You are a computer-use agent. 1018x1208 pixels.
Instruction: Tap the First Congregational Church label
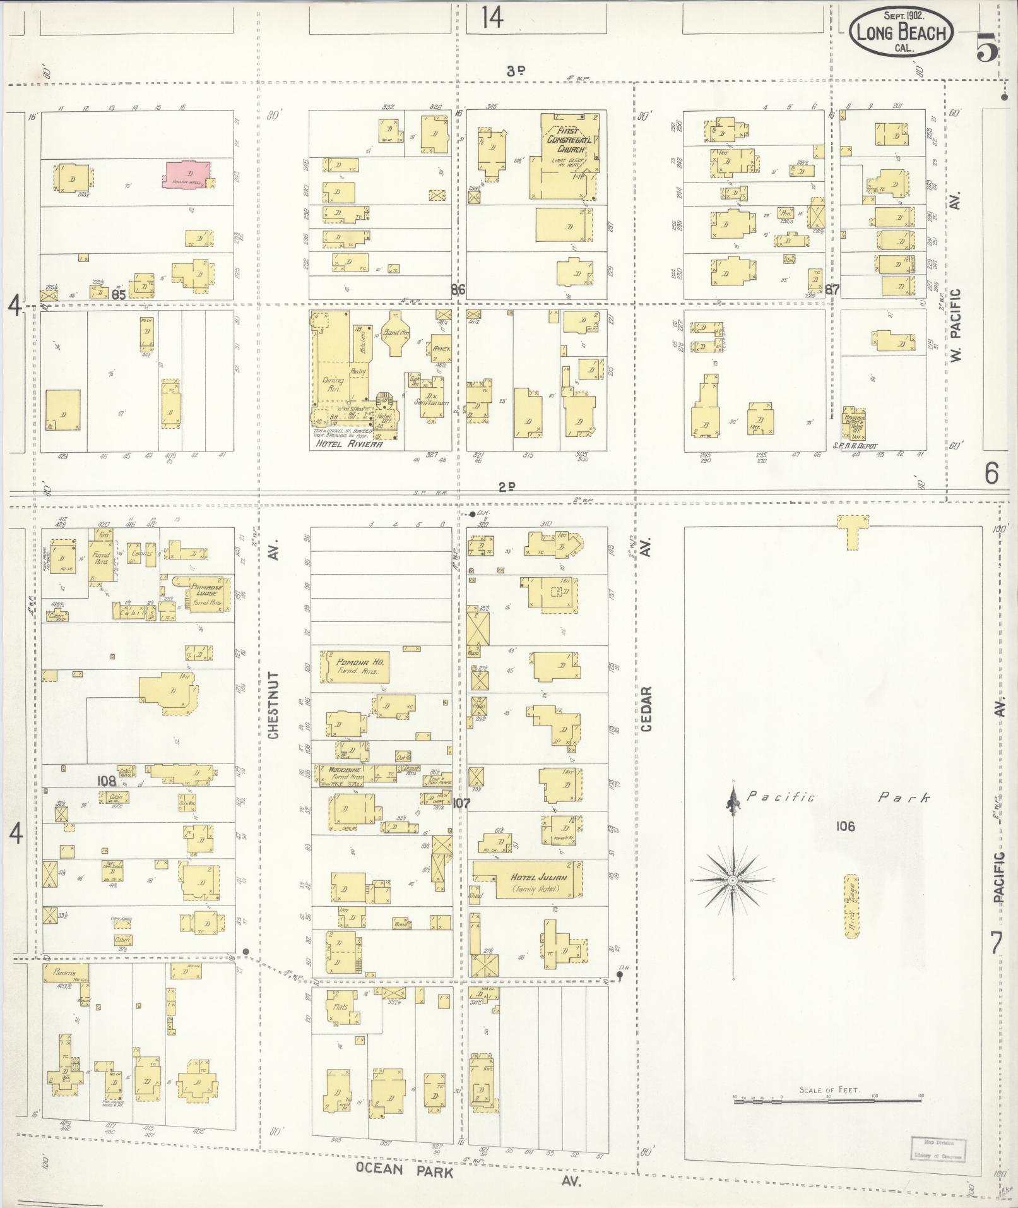pyautogui.click(x=569, y=140)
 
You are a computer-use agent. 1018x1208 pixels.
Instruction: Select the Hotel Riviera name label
pyautogui.click(x=348, y=444)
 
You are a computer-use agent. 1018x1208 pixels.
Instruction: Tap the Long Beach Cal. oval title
pyautogui.click(x=900, y=33)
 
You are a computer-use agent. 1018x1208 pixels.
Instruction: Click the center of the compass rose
pyautogui.click(x=733, y=880)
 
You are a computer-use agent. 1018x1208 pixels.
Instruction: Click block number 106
pyautogui.click(x=845, y=826)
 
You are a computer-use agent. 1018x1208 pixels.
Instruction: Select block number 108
pyautogui.click(x=107, y=781)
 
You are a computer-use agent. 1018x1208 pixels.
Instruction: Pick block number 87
pyautogui.click(x=832, y=290)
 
